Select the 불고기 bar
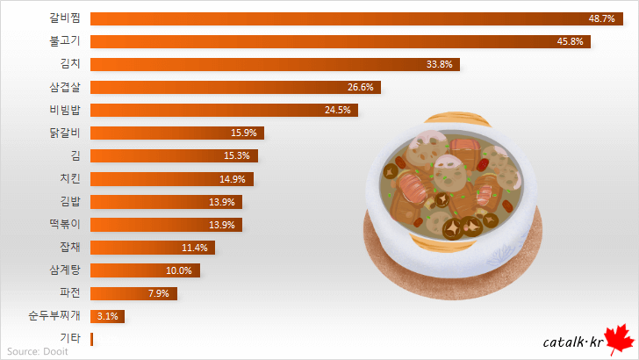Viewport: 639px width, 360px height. [341, 41]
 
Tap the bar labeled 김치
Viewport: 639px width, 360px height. [275, 64]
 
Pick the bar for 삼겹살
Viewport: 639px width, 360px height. [235, 87]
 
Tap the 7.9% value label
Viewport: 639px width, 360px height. [160, 292]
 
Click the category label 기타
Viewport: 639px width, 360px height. [70, 338]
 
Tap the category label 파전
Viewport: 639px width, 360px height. [70, 292]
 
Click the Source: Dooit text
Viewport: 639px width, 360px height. [37, 351]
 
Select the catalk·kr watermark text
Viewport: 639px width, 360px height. [571, 342]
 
